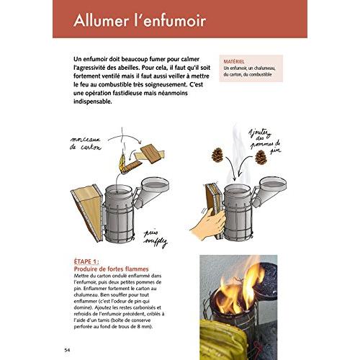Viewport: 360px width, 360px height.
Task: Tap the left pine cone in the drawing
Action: (x=217, y=155)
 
